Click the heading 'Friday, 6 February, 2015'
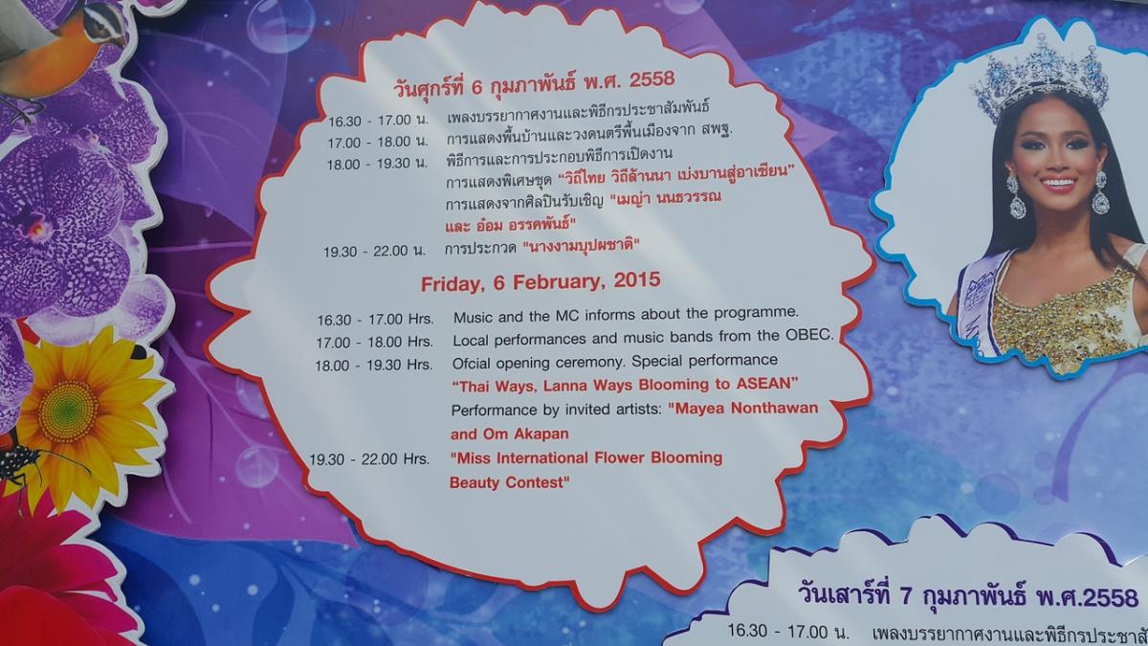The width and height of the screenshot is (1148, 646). (541, 282)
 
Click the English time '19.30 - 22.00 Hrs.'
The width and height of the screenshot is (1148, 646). (369, 458)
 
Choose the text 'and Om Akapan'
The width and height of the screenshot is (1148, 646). (509, 434)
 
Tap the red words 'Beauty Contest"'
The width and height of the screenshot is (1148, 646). (509, 482)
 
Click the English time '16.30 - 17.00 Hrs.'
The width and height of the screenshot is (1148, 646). (375, 320)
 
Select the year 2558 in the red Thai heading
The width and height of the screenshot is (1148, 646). (651, 78)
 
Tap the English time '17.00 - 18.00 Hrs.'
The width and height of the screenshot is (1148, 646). (375, 342)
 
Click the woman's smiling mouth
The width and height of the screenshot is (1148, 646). (1058, 183)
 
